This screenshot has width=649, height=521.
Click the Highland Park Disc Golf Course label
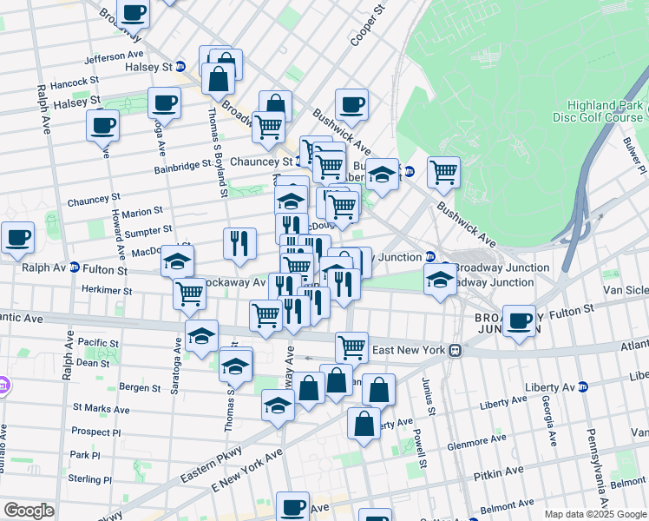coord(598,111)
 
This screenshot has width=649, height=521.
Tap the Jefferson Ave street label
coord(112,59)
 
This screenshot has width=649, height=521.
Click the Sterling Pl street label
coord(90,478)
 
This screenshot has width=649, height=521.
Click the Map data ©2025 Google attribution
coord(594,514)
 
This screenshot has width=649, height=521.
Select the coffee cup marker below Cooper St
coord(351,104)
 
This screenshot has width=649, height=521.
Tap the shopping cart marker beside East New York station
coord(351,346)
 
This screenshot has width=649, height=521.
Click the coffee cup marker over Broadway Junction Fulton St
coord(520,320)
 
